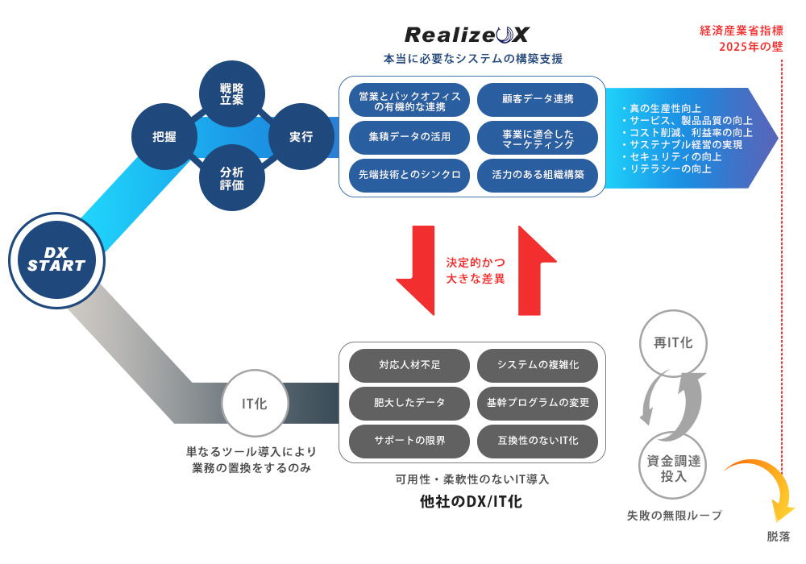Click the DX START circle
56,260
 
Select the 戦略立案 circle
232,93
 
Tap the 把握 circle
164,136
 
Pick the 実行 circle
301,136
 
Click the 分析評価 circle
232,178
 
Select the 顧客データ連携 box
538,99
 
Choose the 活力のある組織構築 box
538,174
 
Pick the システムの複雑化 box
538,365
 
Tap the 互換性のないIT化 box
538,441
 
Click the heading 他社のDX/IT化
472,502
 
